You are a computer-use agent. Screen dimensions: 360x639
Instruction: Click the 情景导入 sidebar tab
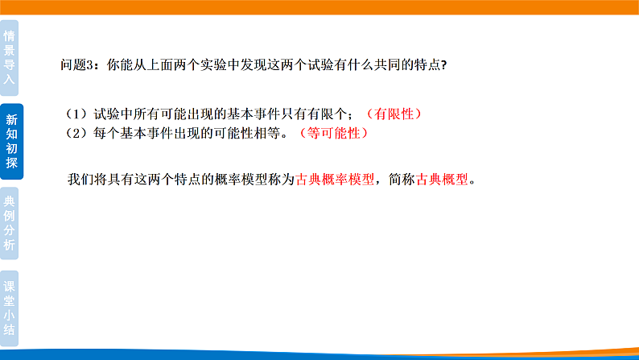10,57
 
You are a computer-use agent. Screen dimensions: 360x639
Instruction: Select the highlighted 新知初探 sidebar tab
11,142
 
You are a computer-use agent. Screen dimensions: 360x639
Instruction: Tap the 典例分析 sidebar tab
10,225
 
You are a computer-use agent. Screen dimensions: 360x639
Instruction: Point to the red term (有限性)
394,114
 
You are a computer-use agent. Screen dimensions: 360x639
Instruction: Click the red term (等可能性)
332,134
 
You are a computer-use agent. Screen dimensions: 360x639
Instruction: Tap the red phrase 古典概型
442,180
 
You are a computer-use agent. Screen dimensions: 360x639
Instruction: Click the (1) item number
78,114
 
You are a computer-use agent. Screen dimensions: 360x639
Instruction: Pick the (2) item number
78,134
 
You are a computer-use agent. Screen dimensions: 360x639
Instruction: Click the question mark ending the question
443,66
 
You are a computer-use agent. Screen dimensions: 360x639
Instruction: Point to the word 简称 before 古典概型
401,180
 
